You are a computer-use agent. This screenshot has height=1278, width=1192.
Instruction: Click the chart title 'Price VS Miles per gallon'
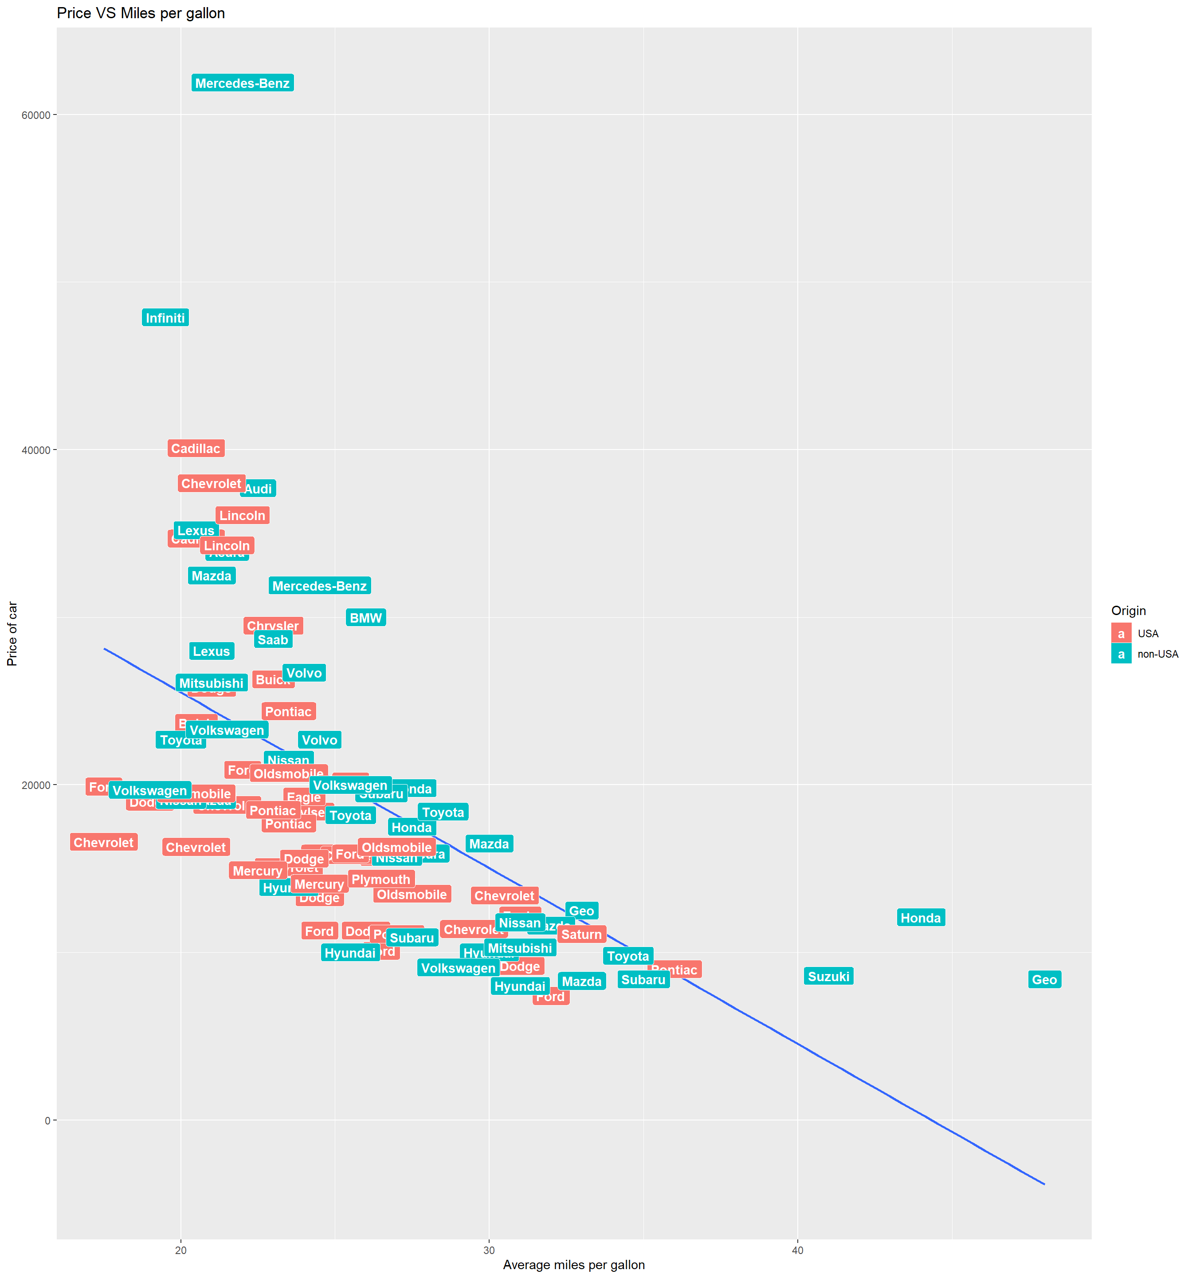141,13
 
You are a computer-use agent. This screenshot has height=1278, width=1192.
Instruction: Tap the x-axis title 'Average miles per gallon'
573,1265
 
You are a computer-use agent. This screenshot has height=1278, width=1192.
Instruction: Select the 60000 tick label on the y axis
36,115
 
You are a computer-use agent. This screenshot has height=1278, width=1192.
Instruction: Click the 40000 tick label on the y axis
36,450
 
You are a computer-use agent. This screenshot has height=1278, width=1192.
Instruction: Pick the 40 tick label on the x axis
797,1250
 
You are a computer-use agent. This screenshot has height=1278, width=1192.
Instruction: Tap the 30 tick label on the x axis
488,1250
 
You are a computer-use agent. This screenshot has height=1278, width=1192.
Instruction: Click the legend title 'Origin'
1129,610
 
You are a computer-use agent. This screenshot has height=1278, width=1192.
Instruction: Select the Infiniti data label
165,318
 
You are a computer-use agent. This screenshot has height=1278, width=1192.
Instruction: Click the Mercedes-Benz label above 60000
242,83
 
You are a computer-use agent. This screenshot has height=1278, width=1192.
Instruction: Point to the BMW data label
366,618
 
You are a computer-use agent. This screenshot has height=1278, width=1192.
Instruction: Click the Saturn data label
581,934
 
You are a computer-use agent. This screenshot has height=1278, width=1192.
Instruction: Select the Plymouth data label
381,879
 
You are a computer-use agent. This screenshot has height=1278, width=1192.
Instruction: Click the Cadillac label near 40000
196,448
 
